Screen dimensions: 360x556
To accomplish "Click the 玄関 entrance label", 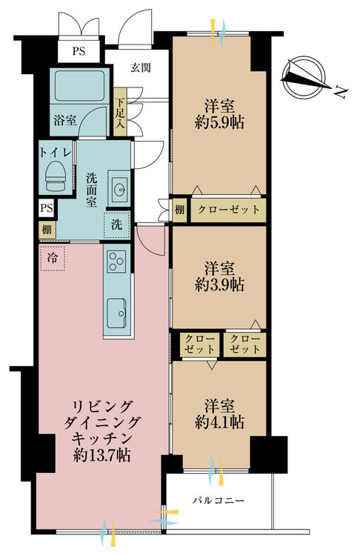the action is tap(140, 67).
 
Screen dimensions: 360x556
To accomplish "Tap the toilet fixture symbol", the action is tap(57, 176).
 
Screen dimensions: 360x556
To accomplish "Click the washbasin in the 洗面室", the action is tap(119, 189).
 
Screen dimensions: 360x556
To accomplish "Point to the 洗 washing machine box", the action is tap(116, 225).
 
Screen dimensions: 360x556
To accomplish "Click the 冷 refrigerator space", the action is tap(52, 258).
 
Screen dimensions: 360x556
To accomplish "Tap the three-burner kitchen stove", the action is tap(116, 262).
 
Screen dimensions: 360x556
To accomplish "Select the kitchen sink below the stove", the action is tap(116, 313).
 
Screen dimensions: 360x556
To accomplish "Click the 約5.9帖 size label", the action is tap(219, 122).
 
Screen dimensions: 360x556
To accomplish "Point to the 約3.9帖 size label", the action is tap(219, 285).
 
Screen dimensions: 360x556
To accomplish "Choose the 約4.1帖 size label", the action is tap(219, 422).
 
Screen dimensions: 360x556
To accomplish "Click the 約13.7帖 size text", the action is tap(102, 455).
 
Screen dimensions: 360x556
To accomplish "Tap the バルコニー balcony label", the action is tap(219, 500).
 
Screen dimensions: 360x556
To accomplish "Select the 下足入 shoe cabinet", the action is tap(120, 112).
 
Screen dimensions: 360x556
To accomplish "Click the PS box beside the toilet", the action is tap(47, 208).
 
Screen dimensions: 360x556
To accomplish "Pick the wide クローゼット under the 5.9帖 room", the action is tap(229, 210).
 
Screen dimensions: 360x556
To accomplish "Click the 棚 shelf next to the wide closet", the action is tap(179, 210).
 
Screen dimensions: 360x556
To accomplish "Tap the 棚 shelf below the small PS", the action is tap(47, 229).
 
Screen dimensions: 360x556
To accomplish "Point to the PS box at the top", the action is tap(79, 50).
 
